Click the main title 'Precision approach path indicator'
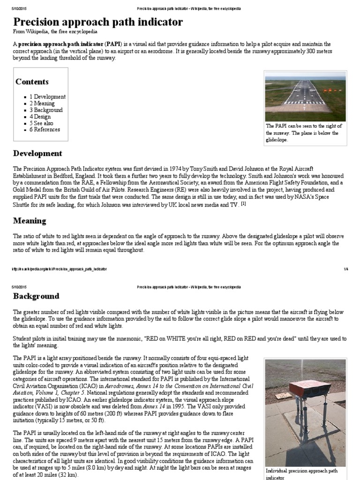click(x=98, y=22)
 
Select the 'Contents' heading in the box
click(x=32, y=82)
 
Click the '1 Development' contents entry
click(x=48, y=97)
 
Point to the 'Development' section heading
click(x=37, y=153)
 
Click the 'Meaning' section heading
click(x=30, y=220)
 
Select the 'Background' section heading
click(x=36, y=296)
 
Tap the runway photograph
click(x=305, y=96)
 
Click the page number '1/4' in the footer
click(x=346, y=269)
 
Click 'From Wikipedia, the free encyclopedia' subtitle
click(x=55, y=32)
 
